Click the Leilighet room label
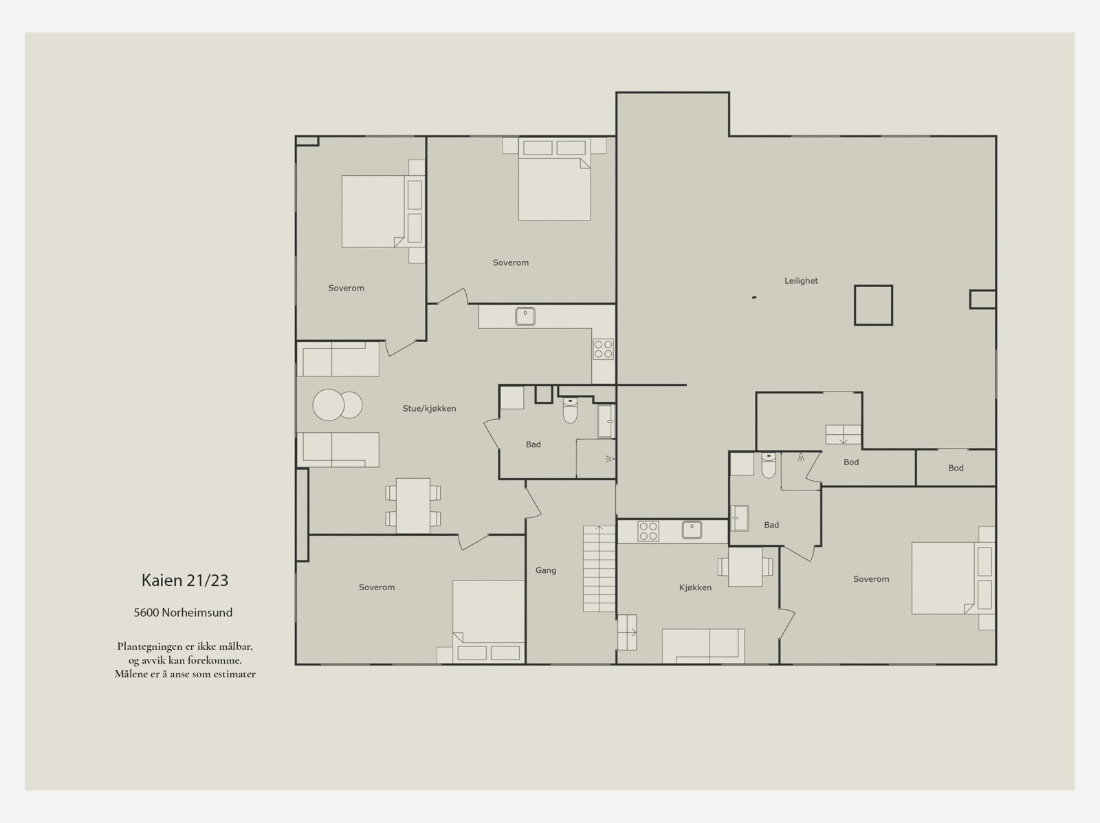801,281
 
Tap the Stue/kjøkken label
430,409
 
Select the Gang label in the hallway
546,570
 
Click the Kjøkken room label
695,587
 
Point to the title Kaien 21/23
185,580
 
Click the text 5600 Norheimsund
183,613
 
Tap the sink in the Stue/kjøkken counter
525,317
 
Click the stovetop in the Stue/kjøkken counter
603,349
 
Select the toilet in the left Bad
571,410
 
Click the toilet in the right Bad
768,465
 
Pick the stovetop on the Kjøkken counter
648,531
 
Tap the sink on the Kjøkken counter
692,530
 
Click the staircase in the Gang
599,569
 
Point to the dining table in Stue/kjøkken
413,506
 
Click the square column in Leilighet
874,306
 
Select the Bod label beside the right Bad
851,462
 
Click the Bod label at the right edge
956,468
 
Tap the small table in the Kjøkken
745,567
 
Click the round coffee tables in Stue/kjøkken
338,405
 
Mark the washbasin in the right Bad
739,518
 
